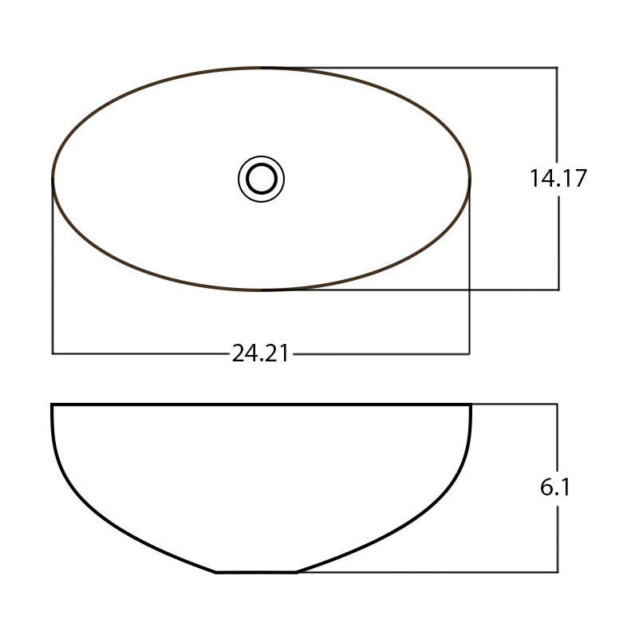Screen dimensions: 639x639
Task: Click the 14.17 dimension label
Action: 558,178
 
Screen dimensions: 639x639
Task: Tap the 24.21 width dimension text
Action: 260,353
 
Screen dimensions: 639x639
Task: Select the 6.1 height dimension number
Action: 555,487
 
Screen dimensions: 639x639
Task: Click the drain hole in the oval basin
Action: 261,178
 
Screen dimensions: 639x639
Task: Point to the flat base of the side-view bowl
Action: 256,571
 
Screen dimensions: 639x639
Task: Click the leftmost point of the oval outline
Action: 53,179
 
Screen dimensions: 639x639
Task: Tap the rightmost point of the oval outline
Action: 470,179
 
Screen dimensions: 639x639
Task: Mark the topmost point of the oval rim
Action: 262,68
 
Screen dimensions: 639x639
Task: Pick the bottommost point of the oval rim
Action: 262,290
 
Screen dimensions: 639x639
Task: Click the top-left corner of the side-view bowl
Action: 53,405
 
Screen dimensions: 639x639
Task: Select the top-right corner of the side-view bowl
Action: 471,405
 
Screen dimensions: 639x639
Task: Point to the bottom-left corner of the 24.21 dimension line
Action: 53,353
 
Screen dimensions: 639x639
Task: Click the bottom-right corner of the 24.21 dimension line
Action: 469,353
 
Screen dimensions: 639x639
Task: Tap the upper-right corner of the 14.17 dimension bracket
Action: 557,68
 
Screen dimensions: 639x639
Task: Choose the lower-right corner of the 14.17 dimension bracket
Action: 558,290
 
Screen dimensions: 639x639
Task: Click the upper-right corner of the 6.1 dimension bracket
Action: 557,404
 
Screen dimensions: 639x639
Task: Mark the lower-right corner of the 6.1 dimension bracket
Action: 557,571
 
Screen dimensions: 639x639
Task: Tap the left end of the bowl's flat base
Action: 216,571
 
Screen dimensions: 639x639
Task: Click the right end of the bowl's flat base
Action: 296,571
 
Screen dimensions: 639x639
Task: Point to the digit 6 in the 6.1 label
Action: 547,487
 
